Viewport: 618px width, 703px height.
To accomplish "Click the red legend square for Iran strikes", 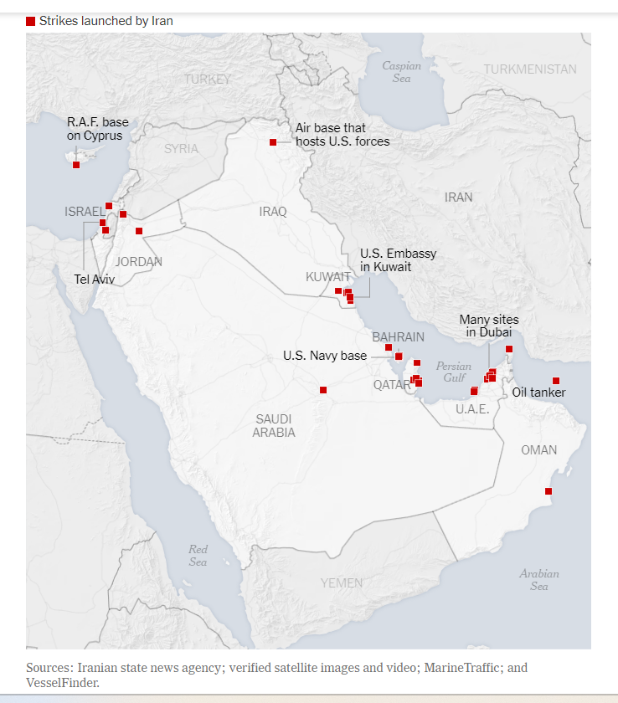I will click(x=31, y=21).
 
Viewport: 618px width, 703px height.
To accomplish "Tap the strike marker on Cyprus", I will click(x=76, y=165).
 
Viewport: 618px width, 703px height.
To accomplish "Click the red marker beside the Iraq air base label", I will click(x=273, y=142).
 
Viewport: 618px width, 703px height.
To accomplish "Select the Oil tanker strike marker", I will click(x=556, y=381).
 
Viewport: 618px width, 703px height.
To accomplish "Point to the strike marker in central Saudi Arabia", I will click(x=323, y=390).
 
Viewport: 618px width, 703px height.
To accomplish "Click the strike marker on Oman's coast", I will click(x=548, y=491).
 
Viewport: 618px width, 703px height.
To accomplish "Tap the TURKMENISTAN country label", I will click(x=529, y=69).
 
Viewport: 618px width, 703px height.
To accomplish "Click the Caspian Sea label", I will click(x=401, y=72).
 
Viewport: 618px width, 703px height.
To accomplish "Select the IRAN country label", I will click(x=458, y=198).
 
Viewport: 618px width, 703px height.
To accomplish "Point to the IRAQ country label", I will click(x=273, y=212).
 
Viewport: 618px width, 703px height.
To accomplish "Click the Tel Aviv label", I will click(x=94, y=280).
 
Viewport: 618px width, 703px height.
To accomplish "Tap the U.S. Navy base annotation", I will click(x=324, y=356).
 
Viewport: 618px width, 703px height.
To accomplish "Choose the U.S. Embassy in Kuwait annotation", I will click(x=398, y=260).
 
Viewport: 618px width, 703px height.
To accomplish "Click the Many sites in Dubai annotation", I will click(x=489, y=326).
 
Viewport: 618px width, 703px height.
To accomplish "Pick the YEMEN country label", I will click(x=342, y=582).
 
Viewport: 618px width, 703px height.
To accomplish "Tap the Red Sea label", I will click(x=198, y=556).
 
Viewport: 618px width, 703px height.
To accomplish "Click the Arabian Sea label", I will click(x=538, y=580).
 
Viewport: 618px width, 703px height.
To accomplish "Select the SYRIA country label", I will click(x=181, y=149).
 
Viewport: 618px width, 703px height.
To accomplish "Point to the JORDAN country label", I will click(x=139, y=262).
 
